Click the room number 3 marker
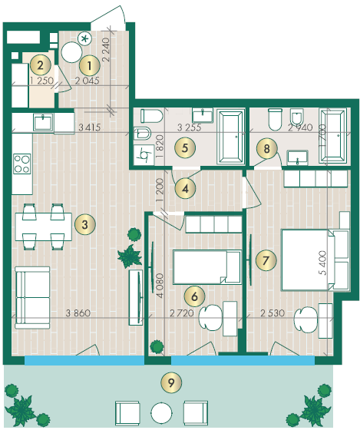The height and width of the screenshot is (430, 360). (85, 224)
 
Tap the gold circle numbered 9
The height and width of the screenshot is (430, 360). (171, 382)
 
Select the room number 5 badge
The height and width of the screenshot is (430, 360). (185, 147)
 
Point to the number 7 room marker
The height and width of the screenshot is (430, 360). (266, 260)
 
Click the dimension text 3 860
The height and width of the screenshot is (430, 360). (78, 313)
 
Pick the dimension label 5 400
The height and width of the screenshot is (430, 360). (322, 263)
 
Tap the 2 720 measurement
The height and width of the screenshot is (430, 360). (182, 313)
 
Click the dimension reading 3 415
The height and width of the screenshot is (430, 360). (90, 127)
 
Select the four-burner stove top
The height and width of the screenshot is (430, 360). (22, 164)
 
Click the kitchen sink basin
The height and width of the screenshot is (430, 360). (43, 123)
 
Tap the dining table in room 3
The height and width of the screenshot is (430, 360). (44, 227)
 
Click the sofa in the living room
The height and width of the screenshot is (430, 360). (32, 298)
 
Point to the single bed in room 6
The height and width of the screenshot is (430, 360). (207, 267)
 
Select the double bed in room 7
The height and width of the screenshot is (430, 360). (308, 260)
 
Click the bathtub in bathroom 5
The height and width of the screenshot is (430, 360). (230, 137)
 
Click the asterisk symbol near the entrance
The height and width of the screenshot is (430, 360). (85, 38)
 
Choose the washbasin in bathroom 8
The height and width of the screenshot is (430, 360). (298, 157)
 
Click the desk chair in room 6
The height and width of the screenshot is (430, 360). (210, 318)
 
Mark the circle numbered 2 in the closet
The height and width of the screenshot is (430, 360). (41, 65)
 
